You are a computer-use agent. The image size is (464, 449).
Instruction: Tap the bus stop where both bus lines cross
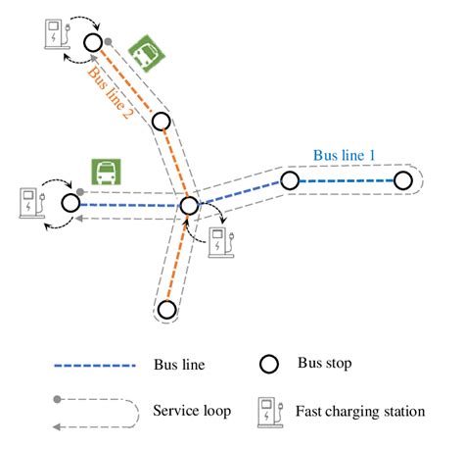pos(189,206)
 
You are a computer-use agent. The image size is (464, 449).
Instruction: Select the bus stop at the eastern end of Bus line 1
pos(401,180)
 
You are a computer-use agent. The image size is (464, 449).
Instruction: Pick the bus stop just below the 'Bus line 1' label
pos(289,180)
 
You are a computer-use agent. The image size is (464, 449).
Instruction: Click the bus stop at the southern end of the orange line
pos(166,310)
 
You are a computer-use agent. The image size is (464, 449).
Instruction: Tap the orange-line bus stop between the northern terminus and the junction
pos(161,122)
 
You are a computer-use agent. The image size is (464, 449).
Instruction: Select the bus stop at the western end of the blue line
pos(70,203)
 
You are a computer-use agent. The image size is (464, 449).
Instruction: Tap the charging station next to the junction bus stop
pos(223,241)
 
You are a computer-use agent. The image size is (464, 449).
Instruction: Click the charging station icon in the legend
pos(267,411)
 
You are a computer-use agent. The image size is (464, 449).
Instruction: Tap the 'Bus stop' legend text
pos(325,365)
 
